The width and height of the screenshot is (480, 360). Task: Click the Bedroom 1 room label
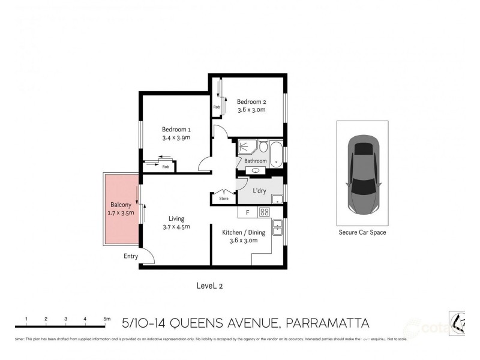(x=176, y=129)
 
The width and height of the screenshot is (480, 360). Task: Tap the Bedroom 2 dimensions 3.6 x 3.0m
(x=251, y=110)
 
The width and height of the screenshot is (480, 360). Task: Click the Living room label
(x=176, y=218)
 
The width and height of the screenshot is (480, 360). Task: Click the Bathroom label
(x=255, y=161)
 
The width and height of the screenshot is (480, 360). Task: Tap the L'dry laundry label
(x=260, y=191)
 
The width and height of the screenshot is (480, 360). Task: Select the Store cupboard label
(x=224, y=198)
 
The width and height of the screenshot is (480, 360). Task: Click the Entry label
(x=131, y=256)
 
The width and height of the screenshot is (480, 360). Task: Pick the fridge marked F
(x=247, y=212)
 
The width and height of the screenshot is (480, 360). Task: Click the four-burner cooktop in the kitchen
(x=264, y=212)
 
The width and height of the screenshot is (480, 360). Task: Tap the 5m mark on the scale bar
(x=106, y=319)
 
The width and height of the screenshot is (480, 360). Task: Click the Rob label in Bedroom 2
(x=216, y=107)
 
